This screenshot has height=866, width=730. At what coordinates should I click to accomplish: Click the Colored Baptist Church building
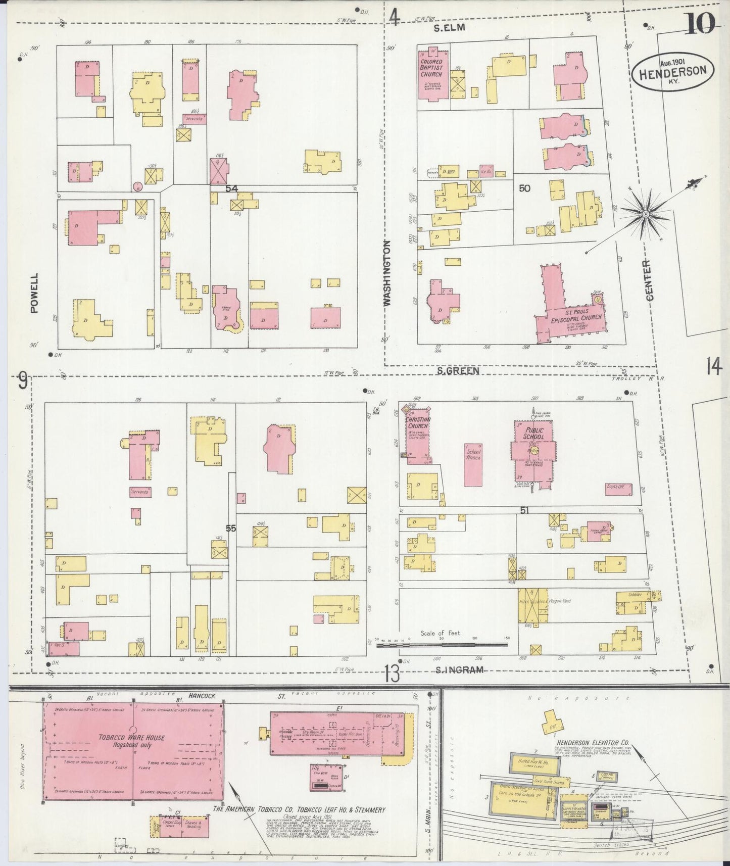431,76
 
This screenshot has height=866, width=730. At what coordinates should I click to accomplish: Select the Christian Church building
418,434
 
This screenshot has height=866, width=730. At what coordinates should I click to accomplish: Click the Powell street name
34,294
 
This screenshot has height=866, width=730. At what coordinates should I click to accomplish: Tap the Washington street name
387,272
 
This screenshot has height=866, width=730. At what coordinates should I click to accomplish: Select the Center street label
649,280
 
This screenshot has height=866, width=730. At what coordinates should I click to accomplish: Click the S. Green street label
458,371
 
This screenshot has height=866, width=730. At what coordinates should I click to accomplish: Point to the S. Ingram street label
459,670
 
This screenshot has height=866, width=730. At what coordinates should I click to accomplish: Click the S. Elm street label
449,28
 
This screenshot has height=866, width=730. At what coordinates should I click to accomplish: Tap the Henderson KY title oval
672,72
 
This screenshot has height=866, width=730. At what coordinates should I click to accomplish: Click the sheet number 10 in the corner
699,22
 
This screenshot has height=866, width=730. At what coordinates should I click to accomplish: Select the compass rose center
645,215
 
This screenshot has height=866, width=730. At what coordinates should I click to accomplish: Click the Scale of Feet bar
443,644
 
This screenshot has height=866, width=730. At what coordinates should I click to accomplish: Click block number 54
231,188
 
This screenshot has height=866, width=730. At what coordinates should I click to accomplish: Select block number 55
231,528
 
